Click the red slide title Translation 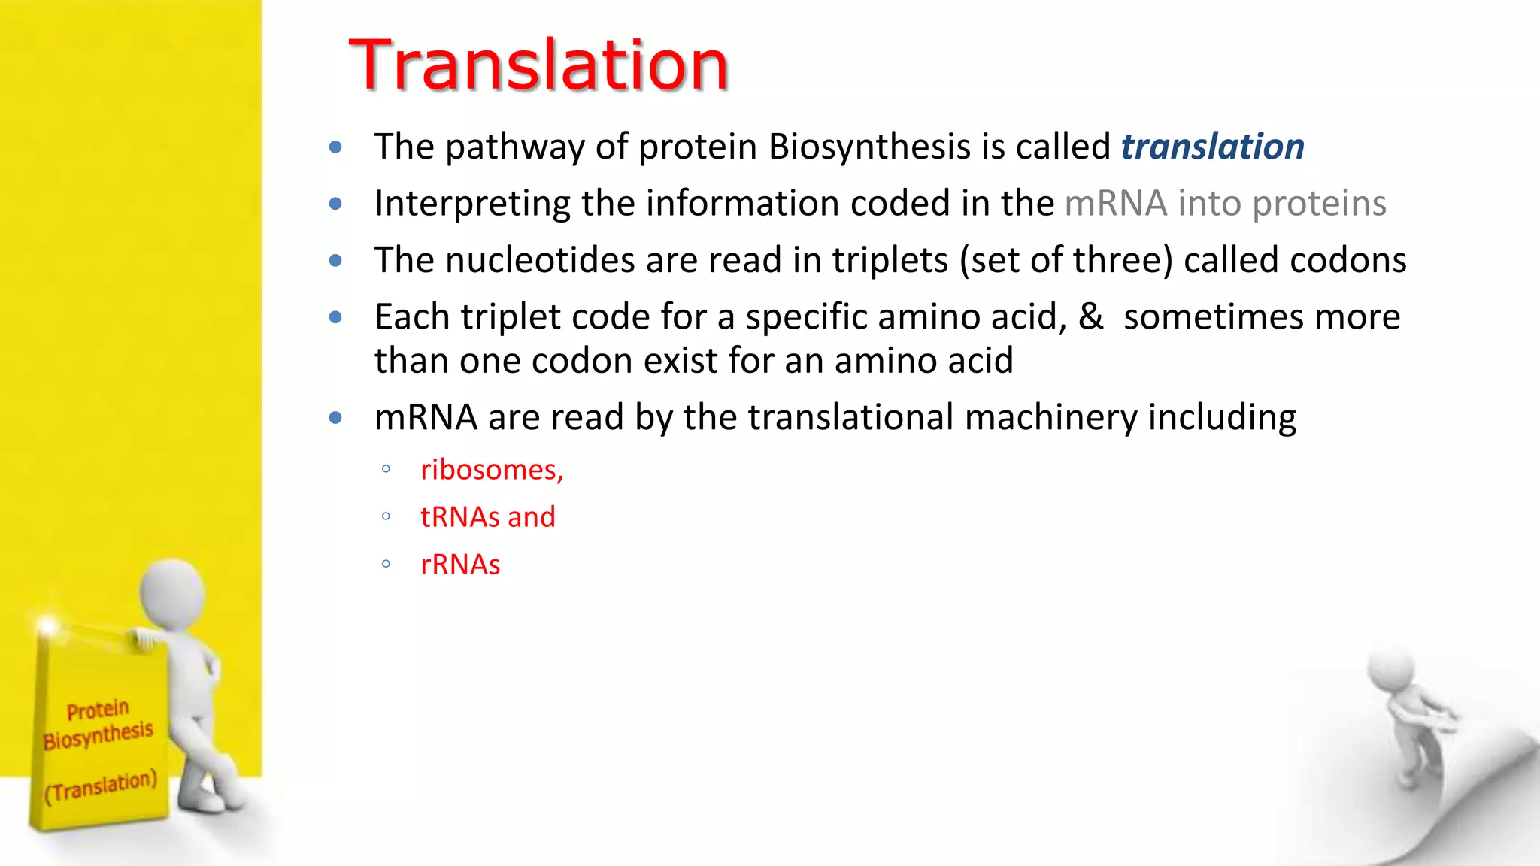538,66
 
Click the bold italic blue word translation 1212,147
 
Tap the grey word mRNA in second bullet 1116,204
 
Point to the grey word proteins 1319,204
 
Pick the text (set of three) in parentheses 1066,261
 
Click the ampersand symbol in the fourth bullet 1090,316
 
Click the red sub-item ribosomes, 492,470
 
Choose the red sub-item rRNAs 460,565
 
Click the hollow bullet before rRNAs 386,564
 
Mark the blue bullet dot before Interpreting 335,204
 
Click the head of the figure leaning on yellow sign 174,594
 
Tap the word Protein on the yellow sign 98,710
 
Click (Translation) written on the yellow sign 101,786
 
